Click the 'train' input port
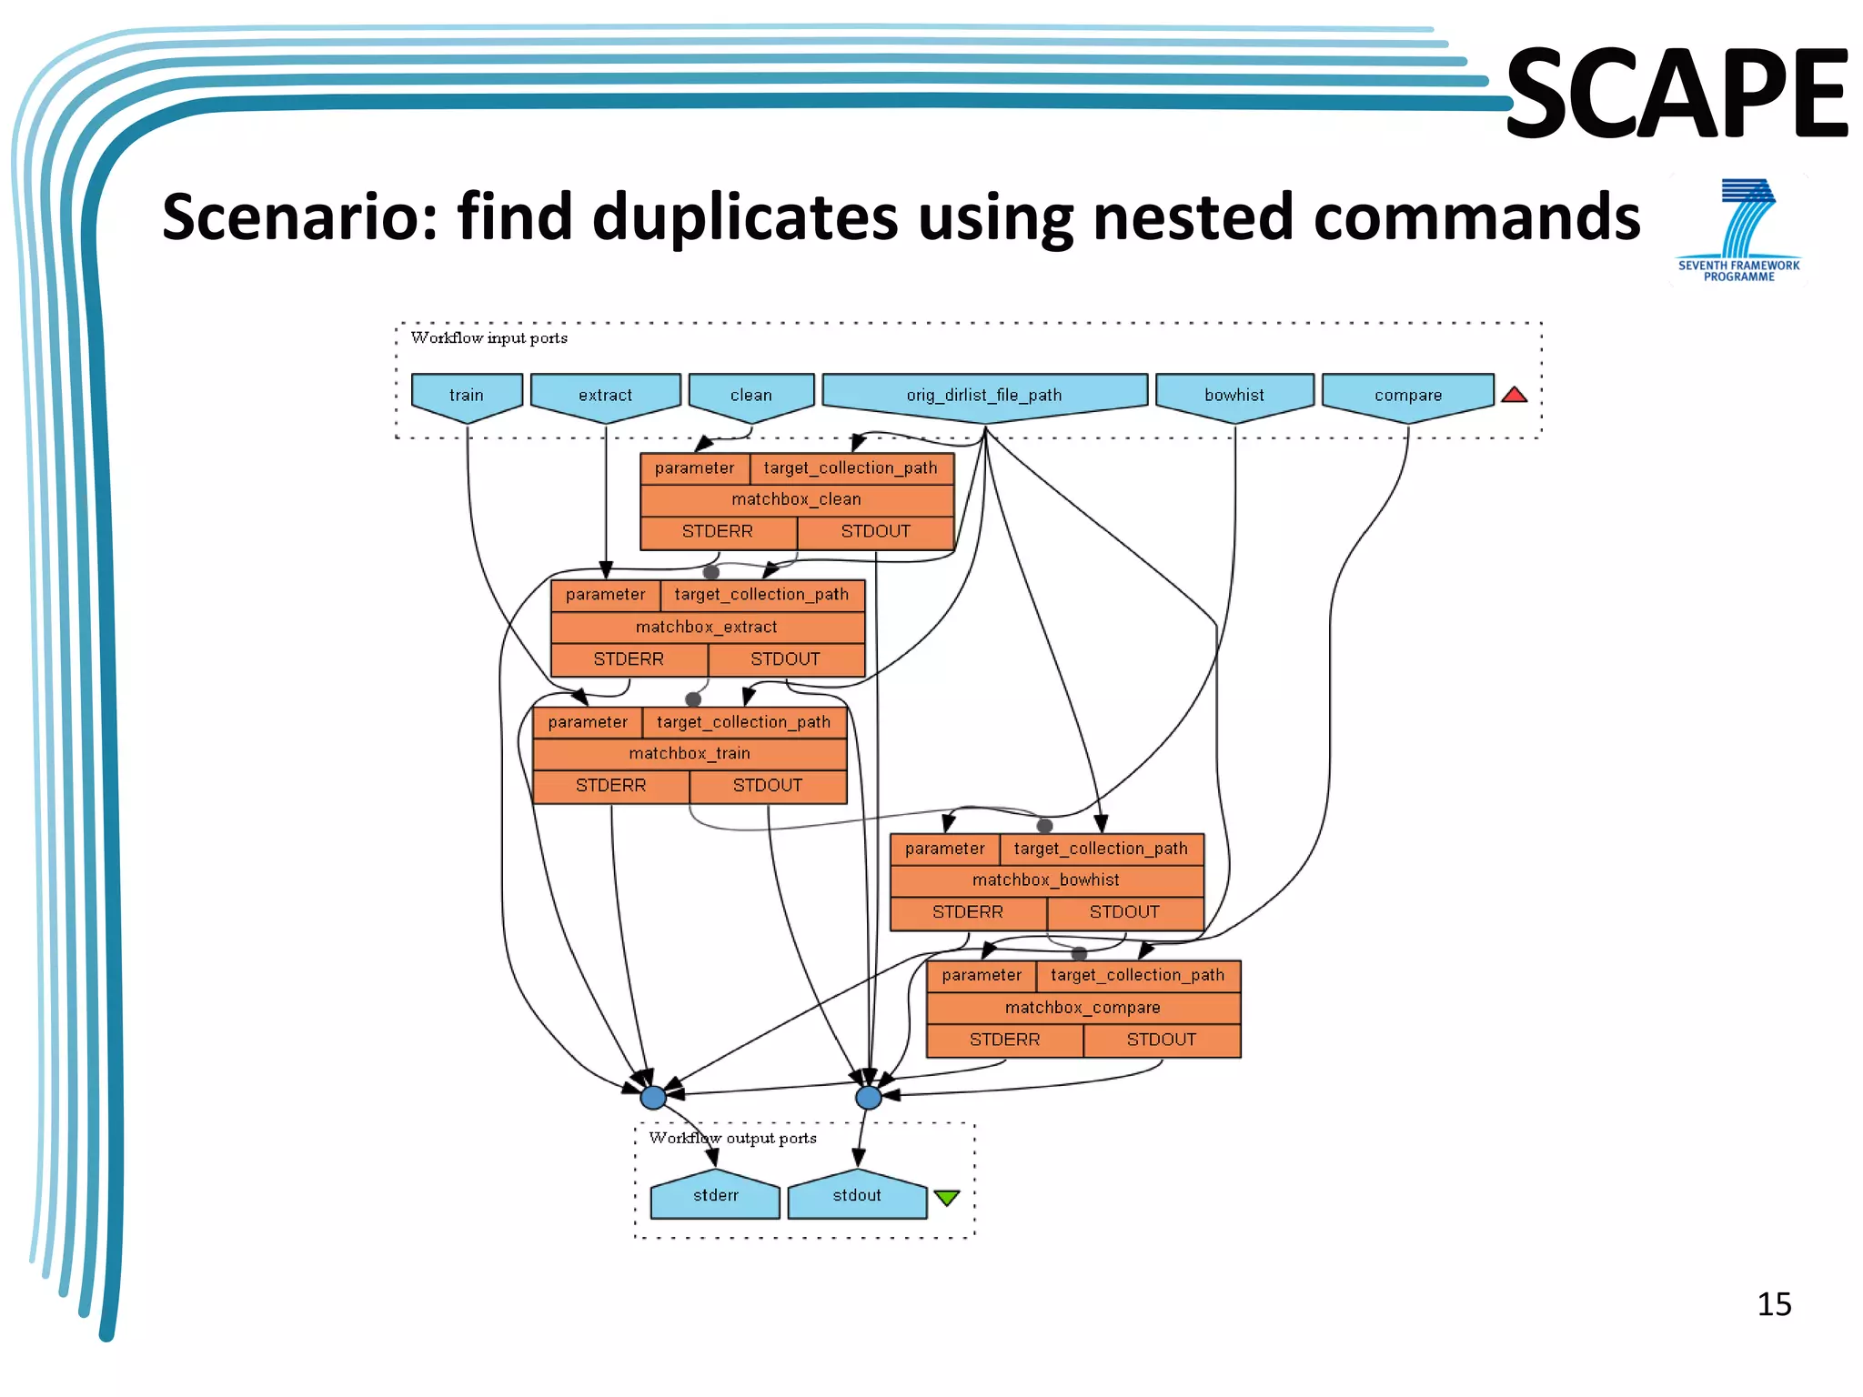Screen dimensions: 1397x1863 (467, 396)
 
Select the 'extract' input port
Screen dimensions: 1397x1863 (605, 396)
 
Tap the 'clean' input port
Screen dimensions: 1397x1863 (751, 396)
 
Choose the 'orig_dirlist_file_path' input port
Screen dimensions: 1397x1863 (984, 396)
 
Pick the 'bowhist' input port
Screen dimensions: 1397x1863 (1234, 396)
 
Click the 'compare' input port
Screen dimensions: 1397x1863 (1408, 396)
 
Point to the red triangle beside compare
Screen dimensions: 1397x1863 (1514, 395)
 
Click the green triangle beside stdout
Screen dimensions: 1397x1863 (946, 1198)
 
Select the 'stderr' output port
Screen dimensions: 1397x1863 (715, 1196)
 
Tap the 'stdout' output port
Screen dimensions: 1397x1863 (857, 1196)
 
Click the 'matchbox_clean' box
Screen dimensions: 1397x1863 (797, 499)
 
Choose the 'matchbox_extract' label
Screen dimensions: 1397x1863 (707, 627)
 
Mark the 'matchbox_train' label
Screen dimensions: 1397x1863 (690, 753)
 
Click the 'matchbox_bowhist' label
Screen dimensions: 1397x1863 (1046, 879)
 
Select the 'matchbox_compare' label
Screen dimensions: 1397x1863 (1083, 1007)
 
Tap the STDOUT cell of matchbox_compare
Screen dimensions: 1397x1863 (1162, 1040)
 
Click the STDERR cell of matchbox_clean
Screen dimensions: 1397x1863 (718, 531)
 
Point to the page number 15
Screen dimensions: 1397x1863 (1774, 1304)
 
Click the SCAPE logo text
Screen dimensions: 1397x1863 (1677, 95)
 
